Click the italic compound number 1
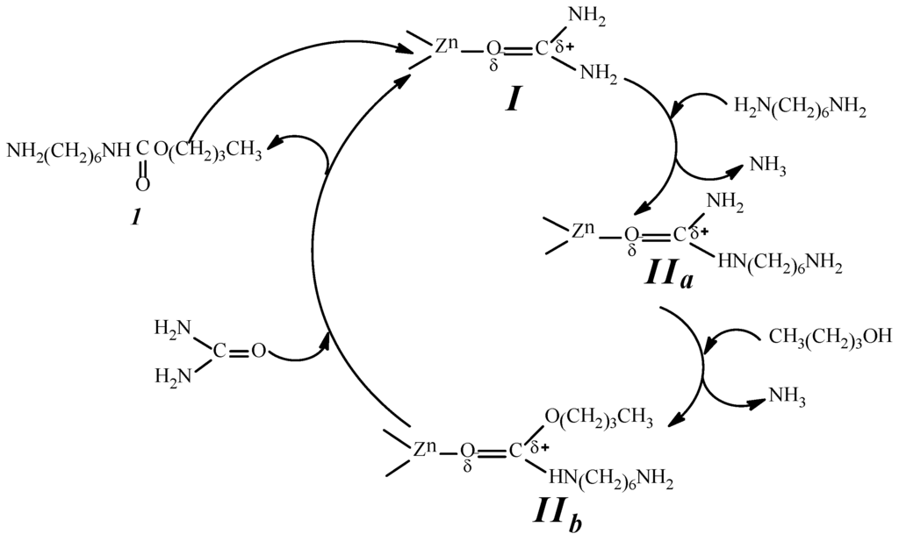click(x=136, y=216)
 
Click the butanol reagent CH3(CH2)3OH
click(x=831, y=336)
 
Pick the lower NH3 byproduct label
click(x=788, y=396)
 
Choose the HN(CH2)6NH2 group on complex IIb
click(x=611, y=479)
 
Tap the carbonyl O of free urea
click(x=258, y=352)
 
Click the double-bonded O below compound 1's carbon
click(x=143, y=185)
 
